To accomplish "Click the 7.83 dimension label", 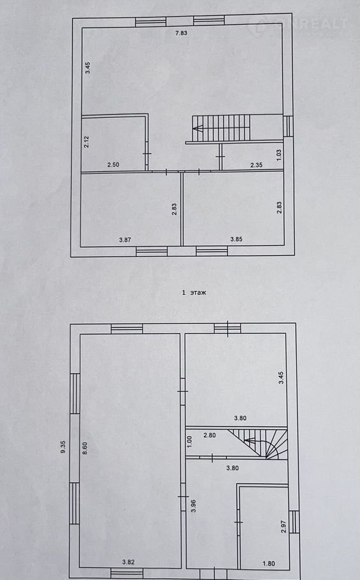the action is [x=181, y=33].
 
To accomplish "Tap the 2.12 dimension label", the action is [x=87, y=142].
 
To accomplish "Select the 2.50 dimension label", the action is [x=113, y=164].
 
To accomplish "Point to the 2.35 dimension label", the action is [x=256, y=165].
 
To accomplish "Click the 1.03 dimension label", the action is [x=278, y=155].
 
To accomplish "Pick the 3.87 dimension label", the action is [x=125, y=240].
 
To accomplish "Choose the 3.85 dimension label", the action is [x=236, y=239].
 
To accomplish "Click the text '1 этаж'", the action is [x=194, y=293].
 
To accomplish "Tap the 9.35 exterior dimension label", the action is [x=63, y=447].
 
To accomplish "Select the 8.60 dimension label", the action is [x=85, y=448].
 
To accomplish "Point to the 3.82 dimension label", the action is [x=128, y=562].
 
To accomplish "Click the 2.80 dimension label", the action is [x=210, y=435].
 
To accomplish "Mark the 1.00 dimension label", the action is [x=190, y=440].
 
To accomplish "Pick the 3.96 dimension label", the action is [x=193, y=506].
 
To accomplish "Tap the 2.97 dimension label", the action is [x=283, y=526].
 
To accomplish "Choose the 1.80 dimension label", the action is [x=269, y=563].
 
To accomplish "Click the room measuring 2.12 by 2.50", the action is [x=113, y=143].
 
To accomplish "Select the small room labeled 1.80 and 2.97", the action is [x=264, y=528].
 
